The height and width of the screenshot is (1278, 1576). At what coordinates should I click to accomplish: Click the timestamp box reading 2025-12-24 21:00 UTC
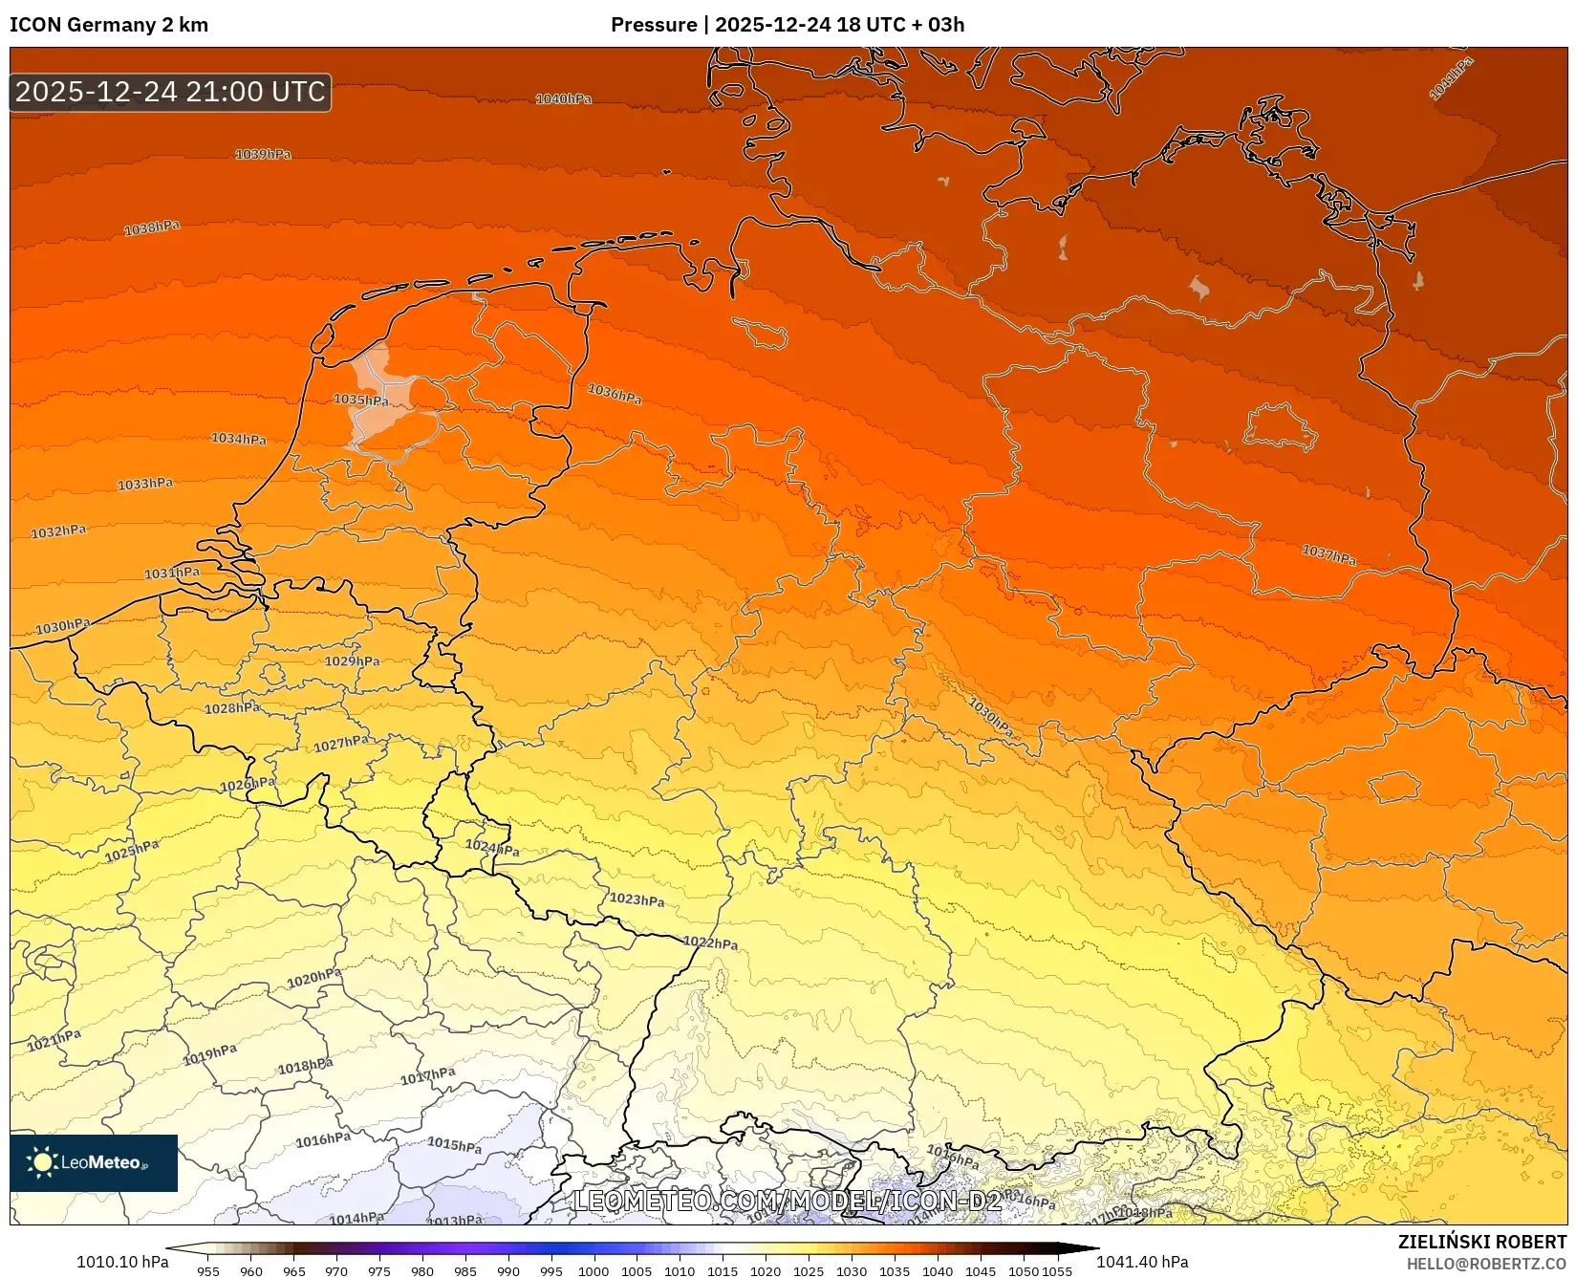pos(170,92)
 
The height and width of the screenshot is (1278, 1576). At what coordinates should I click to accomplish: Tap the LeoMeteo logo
pos(94,1162)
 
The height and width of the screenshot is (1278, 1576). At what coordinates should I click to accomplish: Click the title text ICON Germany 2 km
pos(109,25)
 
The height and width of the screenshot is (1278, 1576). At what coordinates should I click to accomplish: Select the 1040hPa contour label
pos(563,98)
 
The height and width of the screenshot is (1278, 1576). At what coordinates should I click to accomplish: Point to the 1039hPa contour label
pos(263,154)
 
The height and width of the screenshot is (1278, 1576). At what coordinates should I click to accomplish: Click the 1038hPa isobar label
pos(152,228)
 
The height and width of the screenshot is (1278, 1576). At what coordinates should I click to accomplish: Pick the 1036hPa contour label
pos(615,393)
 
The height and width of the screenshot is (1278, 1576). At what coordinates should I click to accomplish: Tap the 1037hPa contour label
pos(1328,554)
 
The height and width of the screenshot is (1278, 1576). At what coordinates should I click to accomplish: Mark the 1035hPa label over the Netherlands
pos(361,400)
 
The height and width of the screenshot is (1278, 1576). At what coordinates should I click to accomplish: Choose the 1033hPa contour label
pos(145,484)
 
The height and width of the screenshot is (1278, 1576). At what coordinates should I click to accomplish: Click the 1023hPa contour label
pos(637,899)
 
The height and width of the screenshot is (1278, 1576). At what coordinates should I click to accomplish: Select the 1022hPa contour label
pos(710,942)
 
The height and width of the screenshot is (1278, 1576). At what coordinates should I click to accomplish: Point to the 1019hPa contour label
pos(210,1054)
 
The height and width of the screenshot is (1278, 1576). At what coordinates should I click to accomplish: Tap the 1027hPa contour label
pos(341,744)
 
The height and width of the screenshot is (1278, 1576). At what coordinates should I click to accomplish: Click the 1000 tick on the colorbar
pos(593,1270)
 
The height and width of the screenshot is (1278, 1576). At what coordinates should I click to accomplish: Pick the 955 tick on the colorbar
pos(208,1270)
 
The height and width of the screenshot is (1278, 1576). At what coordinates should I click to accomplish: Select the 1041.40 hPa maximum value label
pos(1142,1262)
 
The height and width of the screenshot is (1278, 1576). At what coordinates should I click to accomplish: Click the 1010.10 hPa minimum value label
pos(122,1262)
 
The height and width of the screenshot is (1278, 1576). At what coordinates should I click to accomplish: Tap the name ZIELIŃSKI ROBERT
pos(1481,1242)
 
